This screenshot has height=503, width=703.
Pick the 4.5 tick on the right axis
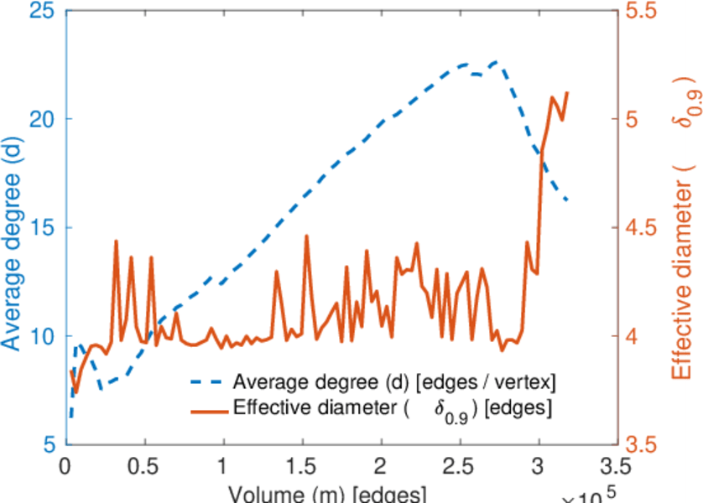[x=642, y=228]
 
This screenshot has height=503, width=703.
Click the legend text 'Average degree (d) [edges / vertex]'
[x=394, y=383]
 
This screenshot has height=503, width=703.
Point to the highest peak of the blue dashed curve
[x=495, y=61]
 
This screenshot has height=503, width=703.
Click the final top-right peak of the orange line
[x=567, y=92]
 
